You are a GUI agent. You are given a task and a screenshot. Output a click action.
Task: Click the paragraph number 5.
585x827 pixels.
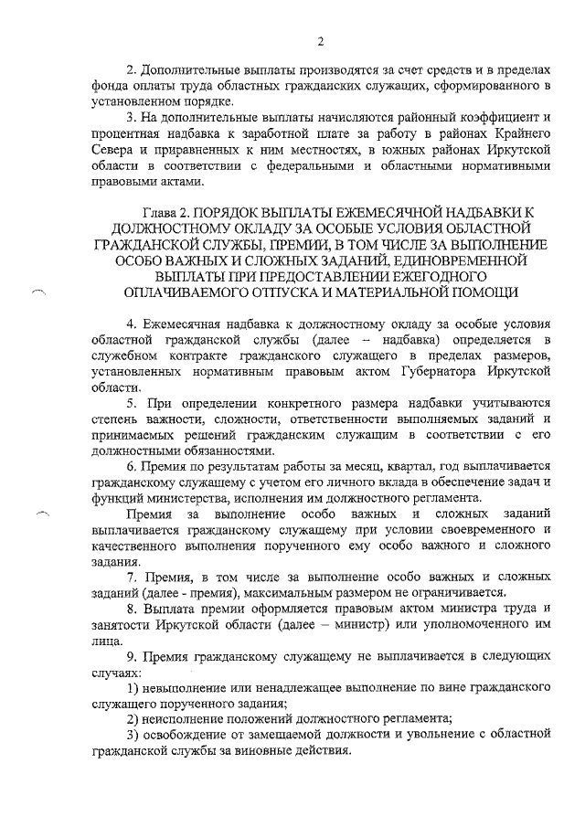(132, 403)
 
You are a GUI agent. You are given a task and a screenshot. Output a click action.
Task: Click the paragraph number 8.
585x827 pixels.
(132, 610)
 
